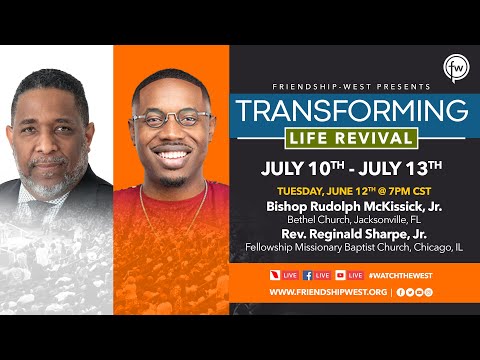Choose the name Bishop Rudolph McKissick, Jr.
point(348,204)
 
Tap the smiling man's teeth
point(172,154)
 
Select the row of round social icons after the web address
point(415,292)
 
